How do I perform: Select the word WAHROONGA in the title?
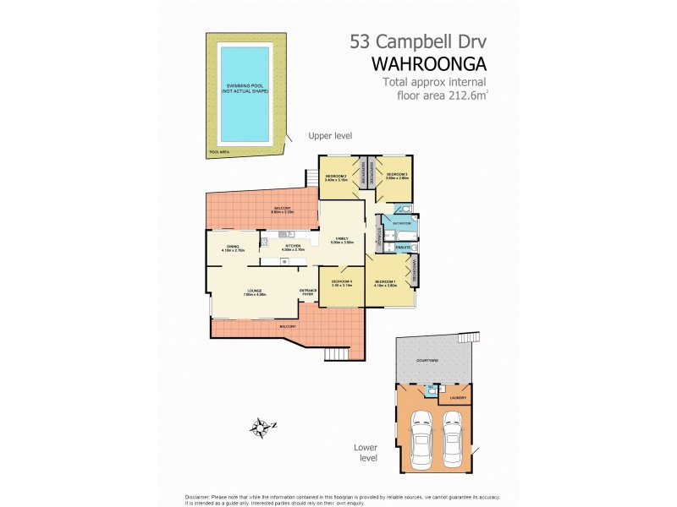tap(430, 63)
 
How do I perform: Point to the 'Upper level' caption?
tap(330, 135)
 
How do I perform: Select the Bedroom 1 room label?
tap(385, 282)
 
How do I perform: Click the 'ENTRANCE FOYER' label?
tap(308, 292)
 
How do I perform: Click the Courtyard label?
tap(427, 361)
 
